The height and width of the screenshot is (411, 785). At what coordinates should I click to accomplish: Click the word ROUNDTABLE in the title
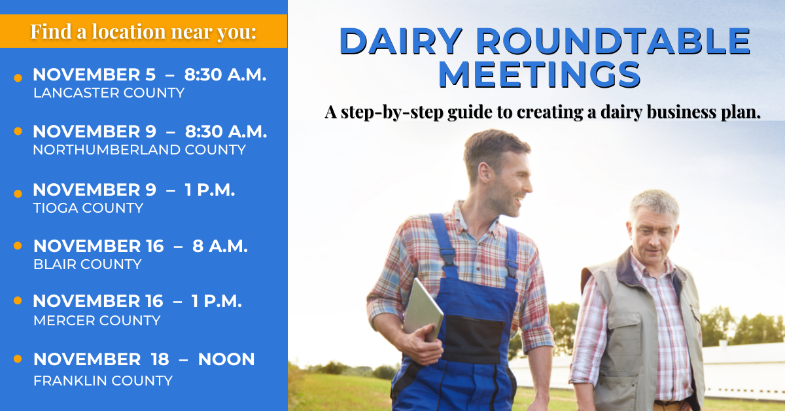coord(612,41)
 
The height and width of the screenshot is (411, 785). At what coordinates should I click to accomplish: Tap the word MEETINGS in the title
coord(540,75)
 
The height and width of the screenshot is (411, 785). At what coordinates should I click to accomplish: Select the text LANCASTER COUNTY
coord(109,93)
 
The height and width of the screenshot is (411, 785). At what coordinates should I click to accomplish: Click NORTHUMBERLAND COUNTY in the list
coord(139,150)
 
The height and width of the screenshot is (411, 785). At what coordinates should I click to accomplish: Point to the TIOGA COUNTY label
coord(88,208)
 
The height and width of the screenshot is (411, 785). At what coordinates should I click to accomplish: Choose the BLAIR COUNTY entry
coord(87,264)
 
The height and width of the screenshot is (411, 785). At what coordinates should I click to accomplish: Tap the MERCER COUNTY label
coord(97,321)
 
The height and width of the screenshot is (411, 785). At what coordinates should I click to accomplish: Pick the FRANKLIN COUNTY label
coord(103,381)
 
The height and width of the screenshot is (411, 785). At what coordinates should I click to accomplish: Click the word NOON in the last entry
coord(226,359)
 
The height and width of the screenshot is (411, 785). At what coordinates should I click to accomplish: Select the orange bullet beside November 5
coord(18,78)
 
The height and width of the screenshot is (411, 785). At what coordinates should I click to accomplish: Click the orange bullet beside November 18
coord(18,359)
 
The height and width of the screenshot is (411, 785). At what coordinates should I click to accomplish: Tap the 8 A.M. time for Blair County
coord(220,246)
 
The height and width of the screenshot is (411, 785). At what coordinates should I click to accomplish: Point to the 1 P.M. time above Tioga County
coord(209,190)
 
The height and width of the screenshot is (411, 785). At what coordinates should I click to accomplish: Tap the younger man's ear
coord(485,173)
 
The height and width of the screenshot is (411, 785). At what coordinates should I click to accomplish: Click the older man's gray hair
coord(655,204)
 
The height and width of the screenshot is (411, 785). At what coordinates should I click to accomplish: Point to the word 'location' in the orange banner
coord(129,32)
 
